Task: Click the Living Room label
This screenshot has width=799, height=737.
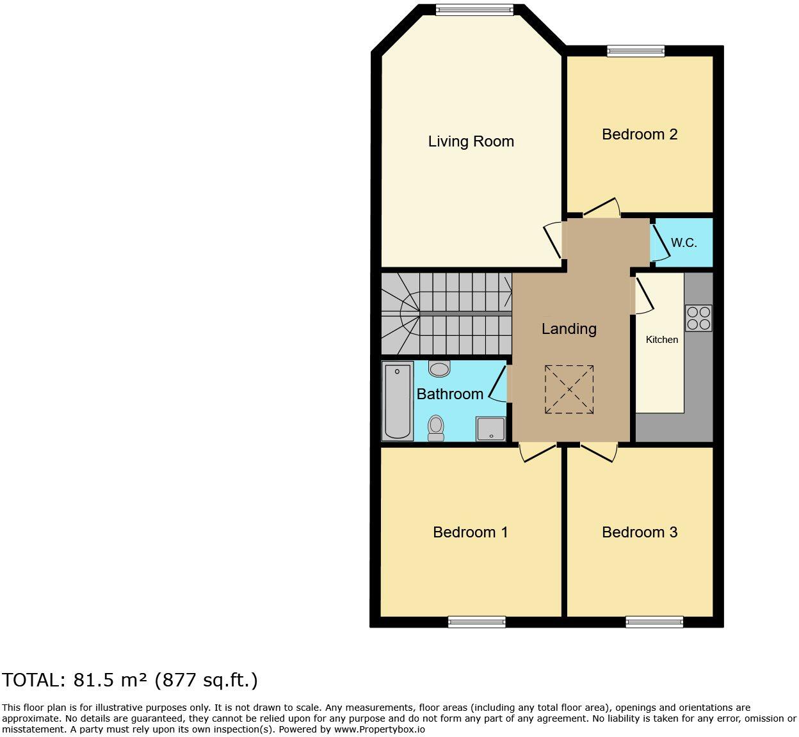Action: pyautogui.click(x=471, y=141)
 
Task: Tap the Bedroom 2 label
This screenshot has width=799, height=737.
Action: pyautogui.click(x=640, y=134)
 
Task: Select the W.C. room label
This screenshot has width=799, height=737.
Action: pyautogui.click(x=684, y=243)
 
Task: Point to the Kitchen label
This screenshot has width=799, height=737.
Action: pyautogui.click(x=661, y=340)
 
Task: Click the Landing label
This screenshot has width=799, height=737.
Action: pyautogui.click(x=569, y=329)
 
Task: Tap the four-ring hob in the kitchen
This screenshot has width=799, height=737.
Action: pyautogui.click(x=698, y=319)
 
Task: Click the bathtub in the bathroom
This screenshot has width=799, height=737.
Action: pyautogui.click(x=397, y=401)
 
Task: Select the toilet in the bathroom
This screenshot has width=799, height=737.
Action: pyautogui.click(x=436, y=428)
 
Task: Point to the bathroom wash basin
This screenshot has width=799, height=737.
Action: pyautogui.click(x=439, y=368)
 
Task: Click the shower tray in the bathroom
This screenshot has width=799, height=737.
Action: pyautogui.click(x=490, y=429)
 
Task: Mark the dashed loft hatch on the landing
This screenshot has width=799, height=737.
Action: pyautogui.click(x=569, y=389)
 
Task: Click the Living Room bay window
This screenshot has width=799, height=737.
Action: pyautogui.click(x=475, y=10)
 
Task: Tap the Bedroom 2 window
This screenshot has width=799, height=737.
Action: pyautogui.click(x=636, y=51)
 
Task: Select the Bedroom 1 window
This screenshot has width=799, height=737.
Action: pyautogui.click(x=477, y=622)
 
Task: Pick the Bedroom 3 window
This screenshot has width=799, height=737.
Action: pyautogui.click(x=654, y=622)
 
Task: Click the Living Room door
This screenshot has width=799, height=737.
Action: pyautogui.click(x=553, y=240)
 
